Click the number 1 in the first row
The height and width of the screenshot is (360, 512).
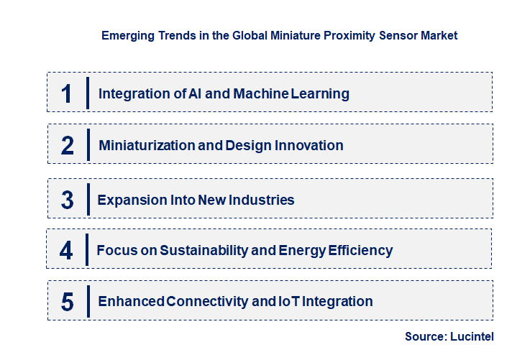(67, 93)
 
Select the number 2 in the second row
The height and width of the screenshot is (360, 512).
(68, 146)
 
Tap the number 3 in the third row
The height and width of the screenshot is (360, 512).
(67, 200)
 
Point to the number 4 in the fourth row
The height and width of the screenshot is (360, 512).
(66, 251)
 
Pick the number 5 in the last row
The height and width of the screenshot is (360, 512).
(67, 302)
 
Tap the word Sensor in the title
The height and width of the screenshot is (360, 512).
(400, 34)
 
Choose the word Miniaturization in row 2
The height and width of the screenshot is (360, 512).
(147, 146)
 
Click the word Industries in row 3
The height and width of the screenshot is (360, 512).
(261, 200)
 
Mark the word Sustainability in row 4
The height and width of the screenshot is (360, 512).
(206, 251)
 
